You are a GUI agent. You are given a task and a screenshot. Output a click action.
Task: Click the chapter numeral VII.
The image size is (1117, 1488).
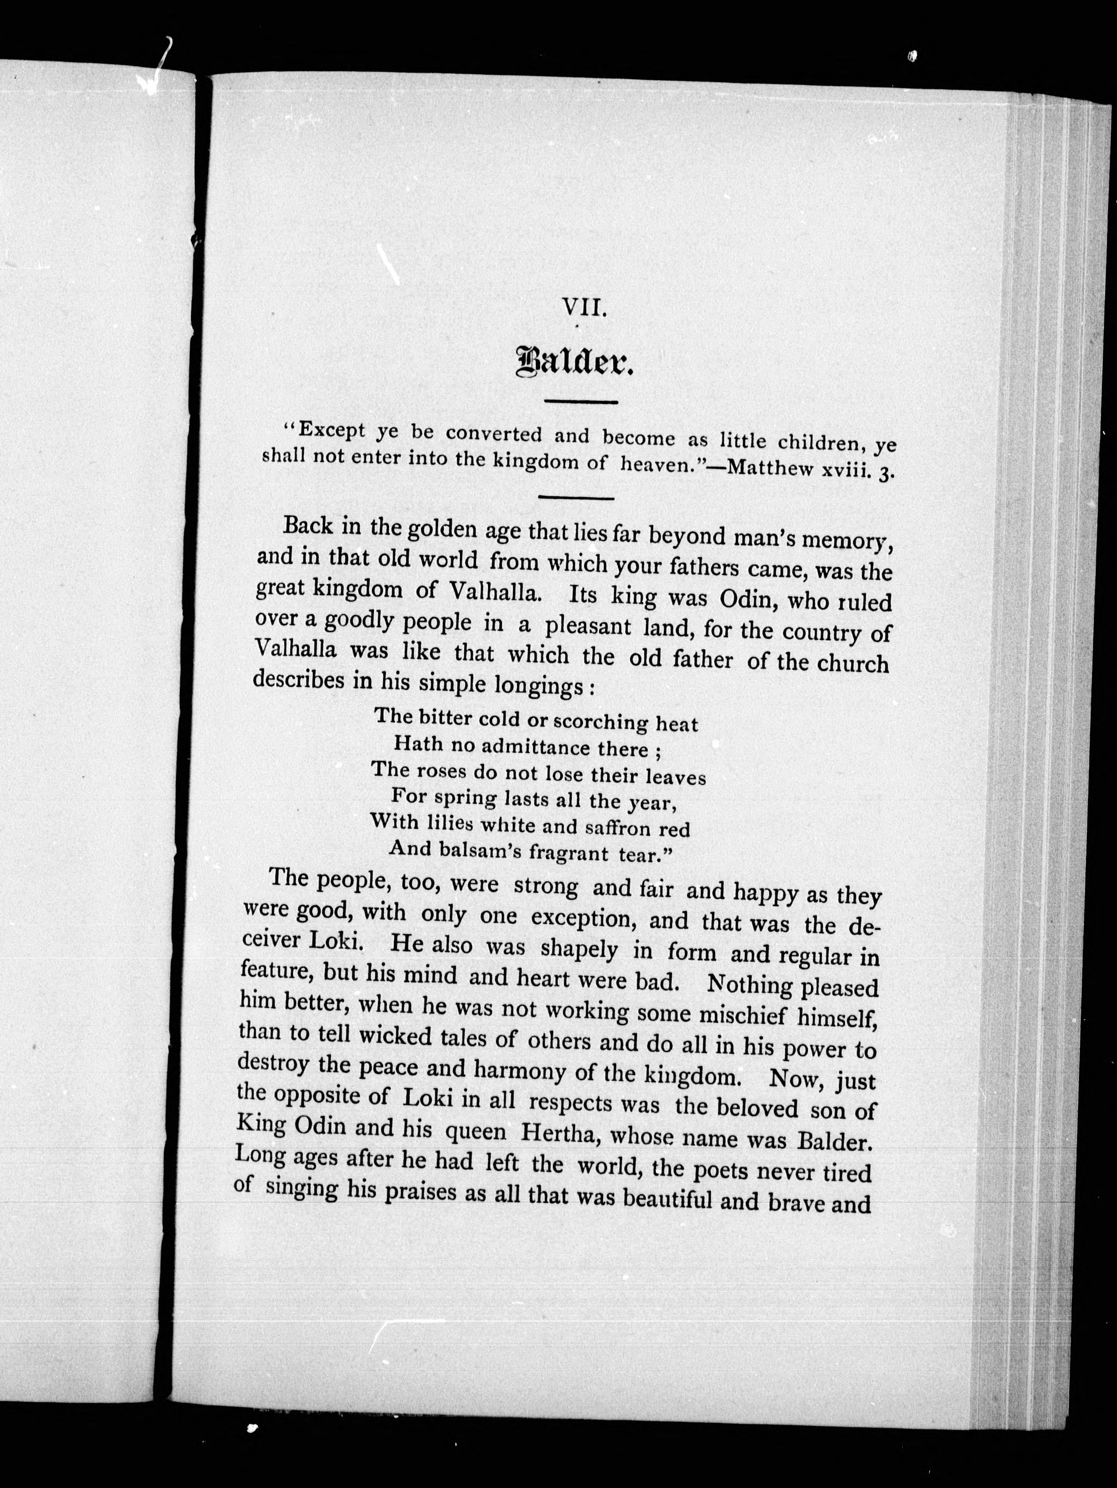tap(585, 308)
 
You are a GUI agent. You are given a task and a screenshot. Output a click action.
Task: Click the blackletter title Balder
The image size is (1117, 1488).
tap(574, 365)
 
